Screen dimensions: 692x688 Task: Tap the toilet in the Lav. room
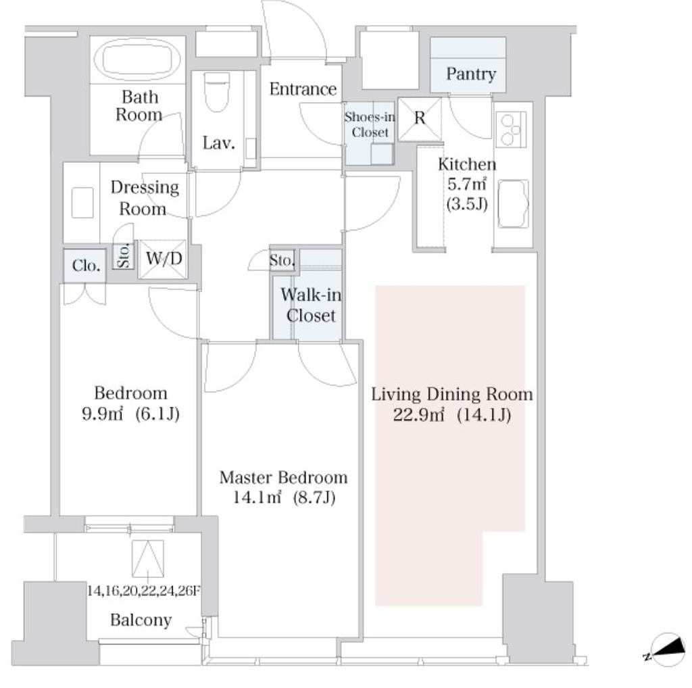coord(217,92)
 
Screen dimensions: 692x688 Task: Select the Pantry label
coord(470,74)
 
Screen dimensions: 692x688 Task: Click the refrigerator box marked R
coord(419,119)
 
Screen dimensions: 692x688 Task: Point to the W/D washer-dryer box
coord(164,259)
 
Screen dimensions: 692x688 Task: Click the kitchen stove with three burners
coord(511,129)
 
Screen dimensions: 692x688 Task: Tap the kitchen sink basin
coord(513,203)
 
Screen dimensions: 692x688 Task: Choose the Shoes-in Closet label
coord(370,124)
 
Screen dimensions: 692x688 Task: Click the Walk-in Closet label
coord(311,305)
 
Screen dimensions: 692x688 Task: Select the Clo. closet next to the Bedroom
coord(84,266)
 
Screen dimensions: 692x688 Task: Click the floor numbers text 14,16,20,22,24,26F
coord(144,591)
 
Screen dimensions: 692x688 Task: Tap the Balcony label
coord(141,620)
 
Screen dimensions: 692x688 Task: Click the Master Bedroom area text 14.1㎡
coord(257,498)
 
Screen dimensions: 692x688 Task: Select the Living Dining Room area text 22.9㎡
coord(418,415)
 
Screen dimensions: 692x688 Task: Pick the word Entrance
coord(303,89)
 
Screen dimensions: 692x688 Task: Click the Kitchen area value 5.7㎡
coord(467,184)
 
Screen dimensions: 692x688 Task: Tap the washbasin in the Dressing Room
coord(82,203)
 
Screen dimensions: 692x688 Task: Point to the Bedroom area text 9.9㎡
coord(103,414)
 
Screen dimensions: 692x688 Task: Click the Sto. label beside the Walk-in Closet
coord(282,260)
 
